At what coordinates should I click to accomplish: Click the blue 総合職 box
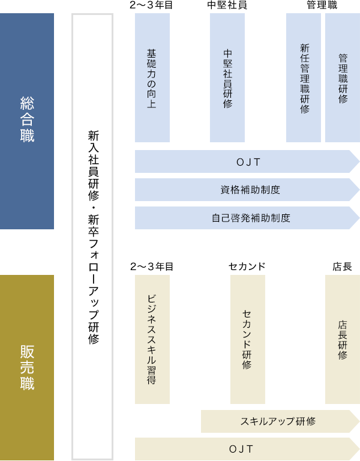pyautogui.click(x=27, y=121)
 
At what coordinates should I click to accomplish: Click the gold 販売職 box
pyautogui.click(x=27, y=367)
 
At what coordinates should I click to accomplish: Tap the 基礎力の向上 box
pyautogui.click(x=152, y=77)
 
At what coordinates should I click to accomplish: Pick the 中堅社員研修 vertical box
pyautogui.click(x=227, y=77)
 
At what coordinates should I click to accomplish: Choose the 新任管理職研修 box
pyautogui.click(x=304, y=77)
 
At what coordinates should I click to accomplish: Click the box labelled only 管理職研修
pyautogui.click(x=343, y=77)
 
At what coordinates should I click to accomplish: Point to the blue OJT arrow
pyautogui.click(x=247, y=161)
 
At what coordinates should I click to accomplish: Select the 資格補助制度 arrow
pyautogui.click(x=247, y=190)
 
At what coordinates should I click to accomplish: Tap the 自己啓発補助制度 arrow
pyautogui.click(x=247, y=218)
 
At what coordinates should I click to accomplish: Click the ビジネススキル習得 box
pyautogui.click(x=152, y=339)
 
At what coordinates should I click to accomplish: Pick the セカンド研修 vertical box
pyautogui.click(x=248, y=339)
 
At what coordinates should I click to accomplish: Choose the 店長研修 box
pyautogui.click(x=343, y=339)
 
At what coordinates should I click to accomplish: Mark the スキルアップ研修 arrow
pyautogui.click(x=280, y=421)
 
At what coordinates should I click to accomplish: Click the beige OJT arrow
pyautogui.click(x=247, y=449)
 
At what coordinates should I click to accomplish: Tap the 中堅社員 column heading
pyautogui.click(x=227, y=5)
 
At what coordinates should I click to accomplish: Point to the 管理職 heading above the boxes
pyautogui.click(x=322, y=5)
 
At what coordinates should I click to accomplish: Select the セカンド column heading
pyautogui.click(x=247, y=267)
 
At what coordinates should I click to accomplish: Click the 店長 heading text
pyautogui.click(x=343, y=267)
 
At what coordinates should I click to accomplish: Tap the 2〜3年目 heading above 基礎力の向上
pyautogui.click(x=152, y=5)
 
